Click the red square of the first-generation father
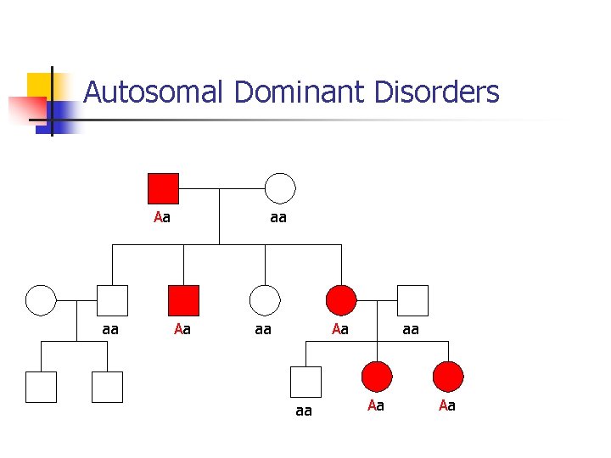163,188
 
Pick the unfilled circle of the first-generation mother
280,188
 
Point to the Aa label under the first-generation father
162,217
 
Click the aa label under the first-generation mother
277,217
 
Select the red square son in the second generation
183,300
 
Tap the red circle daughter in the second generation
341,300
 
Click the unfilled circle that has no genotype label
41,300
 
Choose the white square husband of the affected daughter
412,300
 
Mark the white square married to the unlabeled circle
112,300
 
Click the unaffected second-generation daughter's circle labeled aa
265,300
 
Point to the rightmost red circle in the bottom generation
448,377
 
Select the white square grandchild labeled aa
305,382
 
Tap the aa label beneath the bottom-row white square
303,411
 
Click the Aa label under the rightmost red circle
447,406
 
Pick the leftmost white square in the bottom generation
41,387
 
